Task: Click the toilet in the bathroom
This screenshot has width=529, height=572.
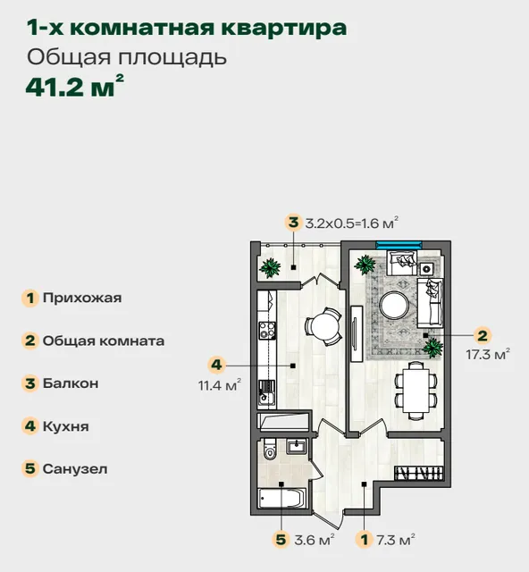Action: pos(269,449)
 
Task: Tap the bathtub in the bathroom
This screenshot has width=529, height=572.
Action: pos(281,499)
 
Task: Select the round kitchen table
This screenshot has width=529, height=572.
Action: pos(324,327)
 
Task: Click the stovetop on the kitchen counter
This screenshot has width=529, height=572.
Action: pos(266,331)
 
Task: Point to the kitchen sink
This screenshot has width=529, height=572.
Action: pos(266,393)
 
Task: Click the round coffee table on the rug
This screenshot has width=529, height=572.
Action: pos(394,306)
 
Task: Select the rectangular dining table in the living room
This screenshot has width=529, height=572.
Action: pos(416,391)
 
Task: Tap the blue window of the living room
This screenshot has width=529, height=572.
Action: pos(399,245)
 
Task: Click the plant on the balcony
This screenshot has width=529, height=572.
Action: pos(270,268)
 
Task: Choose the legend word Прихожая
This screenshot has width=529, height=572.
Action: pos(82,298)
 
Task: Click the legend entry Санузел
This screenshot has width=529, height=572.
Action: pos(75,468)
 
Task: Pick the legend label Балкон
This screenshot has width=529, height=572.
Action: pos(71,383)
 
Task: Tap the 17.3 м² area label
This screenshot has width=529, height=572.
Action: pos(488,354)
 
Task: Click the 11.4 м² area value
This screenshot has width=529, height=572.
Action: pos(220,384)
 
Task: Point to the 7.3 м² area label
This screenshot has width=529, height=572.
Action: pos(396,539)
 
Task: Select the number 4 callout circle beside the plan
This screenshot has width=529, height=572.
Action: pos(217,365)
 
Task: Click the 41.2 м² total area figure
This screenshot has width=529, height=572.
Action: pos(75,86)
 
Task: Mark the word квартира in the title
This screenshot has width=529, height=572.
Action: pos(284,28)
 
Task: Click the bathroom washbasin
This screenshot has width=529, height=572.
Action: pos(297,446)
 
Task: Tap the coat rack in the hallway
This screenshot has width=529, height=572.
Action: pos(419,473)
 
